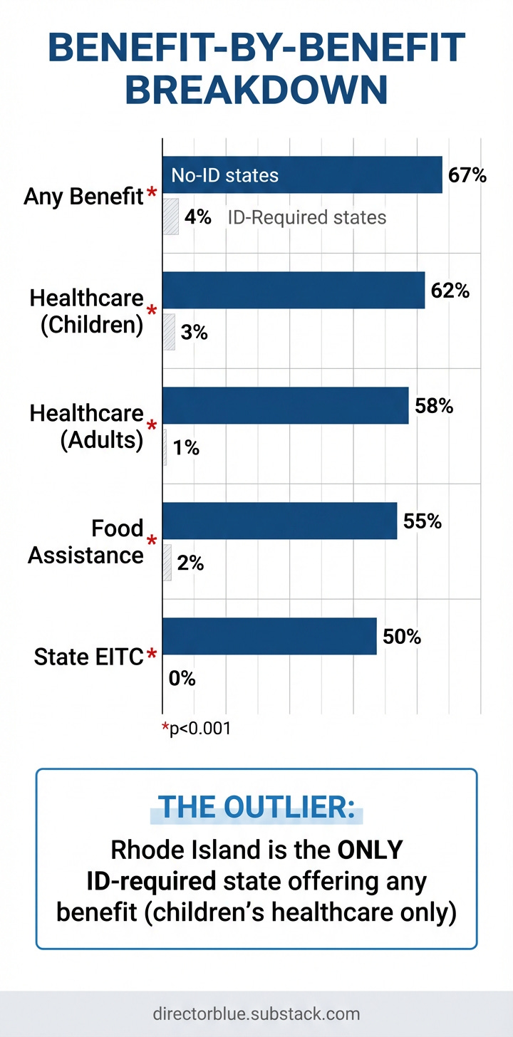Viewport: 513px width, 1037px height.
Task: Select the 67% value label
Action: (x=467, y=174)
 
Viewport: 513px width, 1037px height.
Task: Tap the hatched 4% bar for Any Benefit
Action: (x=170, y=217)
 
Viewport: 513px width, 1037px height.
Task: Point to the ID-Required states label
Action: (x=307, y=217)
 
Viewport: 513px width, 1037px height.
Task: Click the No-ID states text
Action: (x=224, y=175)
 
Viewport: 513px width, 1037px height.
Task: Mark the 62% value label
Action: (x=450, y=291)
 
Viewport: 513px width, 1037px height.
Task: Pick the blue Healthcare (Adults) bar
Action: (x=286, y=406)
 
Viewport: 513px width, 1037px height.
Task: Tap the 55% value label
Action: (x=423, y=521)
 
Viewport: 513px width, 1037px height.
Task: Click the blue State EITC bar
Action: (x=269, y=636)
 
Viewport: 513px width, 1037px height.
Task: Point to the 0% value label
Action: (x=182, y=678)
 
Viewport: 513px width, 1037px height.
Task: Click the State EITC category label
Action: (x=88, y=657)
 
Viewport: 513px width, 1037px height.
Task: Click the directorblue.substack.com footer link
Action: (x=256, y=1013)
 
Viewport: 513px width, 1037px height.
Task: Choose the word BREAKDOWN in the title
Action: (x=256, y=91)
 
